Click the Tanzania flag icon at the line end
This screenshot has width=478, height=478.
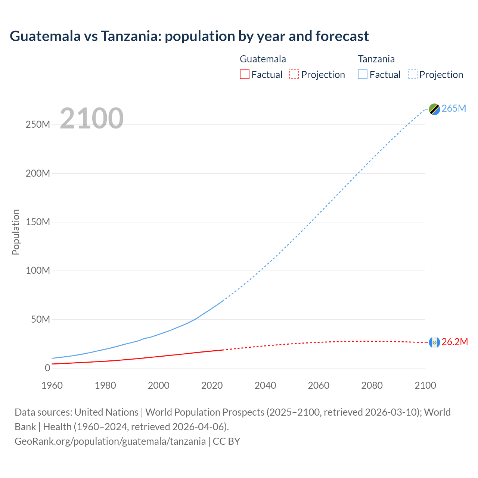434,109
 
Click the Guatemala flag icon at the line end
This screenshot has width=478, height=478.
434,342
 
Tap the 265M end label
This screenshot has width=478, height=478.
454,108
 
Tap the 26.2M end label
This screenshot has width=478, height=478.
454,342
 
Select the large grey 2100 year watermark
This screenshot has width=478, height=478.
91,118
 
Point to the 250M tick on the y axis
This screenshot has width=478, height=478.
38,125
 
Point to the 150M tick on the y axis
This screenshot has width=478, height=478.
38,222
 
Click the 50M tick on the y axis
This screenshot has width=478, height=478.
40,320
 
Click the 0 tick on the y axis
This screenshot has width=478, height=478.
47,368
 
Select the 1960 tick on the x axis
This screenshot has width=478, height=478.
52,385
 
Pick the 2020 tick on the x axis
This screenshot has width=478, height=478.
212,385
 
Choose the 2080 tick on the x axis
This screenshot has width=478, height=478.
372,385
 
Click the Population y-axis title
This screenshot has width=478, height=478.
16,232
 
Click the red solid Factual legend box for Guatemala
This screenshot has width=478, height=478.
245,74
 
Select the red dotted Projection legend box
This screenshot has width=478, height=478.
294,74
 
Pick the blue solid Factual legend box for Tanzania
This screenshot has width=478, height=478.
363,74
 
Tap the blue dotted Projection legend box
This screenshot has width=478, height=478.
413,74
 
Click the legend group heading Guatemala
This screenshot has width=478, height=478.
263,59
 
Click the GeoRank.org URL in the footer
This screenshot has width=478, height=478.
110,441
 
